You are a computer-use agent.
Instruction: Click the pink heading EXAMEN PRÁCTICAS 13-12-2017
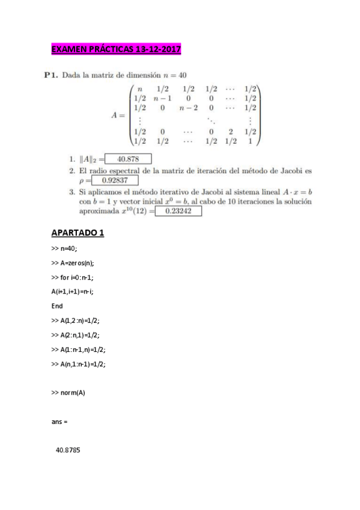pyautogui.click(x=116, y=49)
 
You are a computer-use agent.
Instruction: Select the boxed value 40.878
pyautogui.click(x=128, y=159)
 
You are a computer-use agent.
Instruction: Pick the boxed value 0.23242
pyautogui.click(x=178, y=211)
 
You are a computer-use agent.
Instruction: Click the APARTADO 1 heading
pyautogui.click(x=78, y=233)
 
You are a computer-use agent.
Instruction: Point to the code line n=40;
pyautogui.click(x=65, y=248)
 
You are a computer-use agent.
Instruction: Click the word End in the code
pyautogui.click(x=57, y=306)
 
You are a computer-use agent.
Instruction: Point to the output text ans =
pyautogui.click(x=59, y=422)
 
